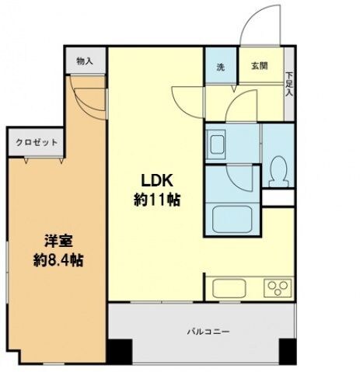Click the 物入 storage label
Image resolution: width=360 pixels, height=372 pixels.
coord(84,61)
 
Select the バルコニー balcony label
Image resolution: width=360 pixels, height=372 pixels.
coord(201,332)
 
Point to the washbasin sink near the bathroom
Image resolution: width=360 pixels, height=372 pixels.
coord(217,144)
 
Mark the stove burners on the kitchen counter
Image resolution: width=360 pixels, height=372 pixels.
coord(276,288)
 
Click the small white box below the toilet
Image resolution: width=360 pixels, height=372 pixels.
coord(277,198)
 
